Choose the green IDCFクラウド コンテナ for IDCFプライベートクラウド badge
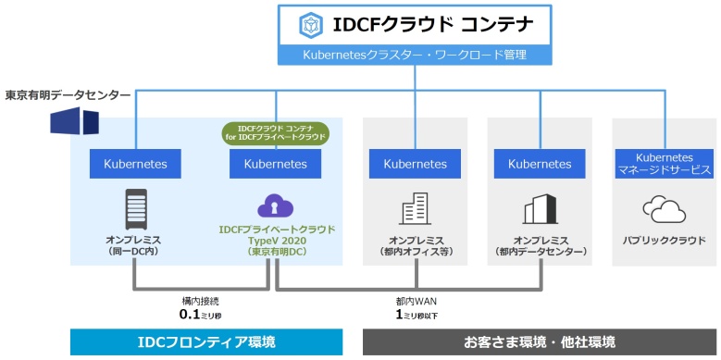(275, 131)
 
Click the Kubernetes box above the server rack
(135, 164)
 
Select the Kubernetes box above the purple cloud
(275, 164)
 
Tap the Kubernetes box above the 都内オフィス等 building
(415, 164)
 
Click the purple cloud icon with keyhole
(276, 206)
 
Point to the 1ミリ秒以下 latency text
(416, 314)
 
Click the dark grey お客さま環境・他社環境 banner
(540, 342)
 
